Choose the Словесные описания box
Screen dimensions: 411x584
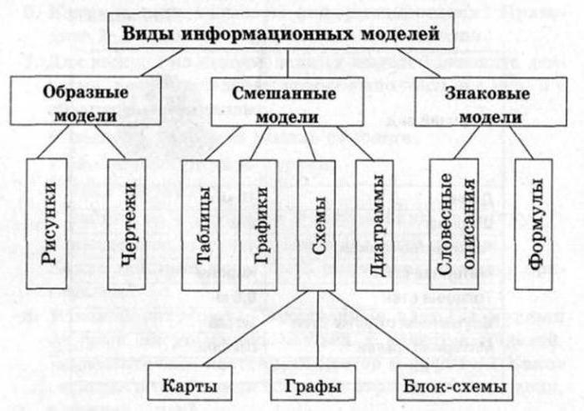456,223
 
